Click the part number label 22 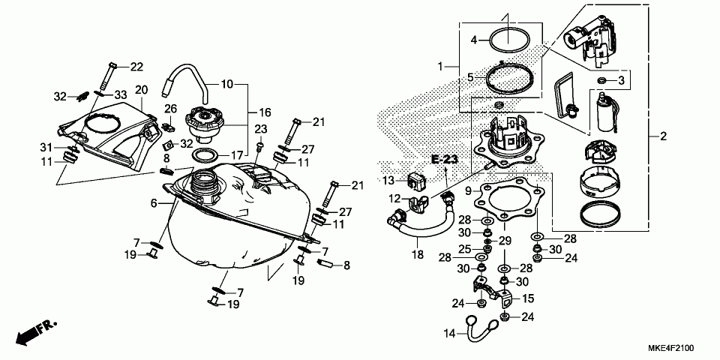tap(136, 67)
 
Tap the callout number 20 tap(141, 90)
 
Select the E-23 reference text tap(444, 158)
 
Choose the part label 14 tap(448, 333)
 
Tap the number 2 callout tap(663, 136)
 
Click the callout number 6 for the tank tap(154, 203)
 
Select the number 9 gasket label tap(468, 191)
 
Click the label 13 tap(388, 181)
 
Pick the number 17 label tap(237, 155)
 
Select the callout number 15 tap(528, 298)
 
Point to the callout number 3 tap(622, 79)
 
